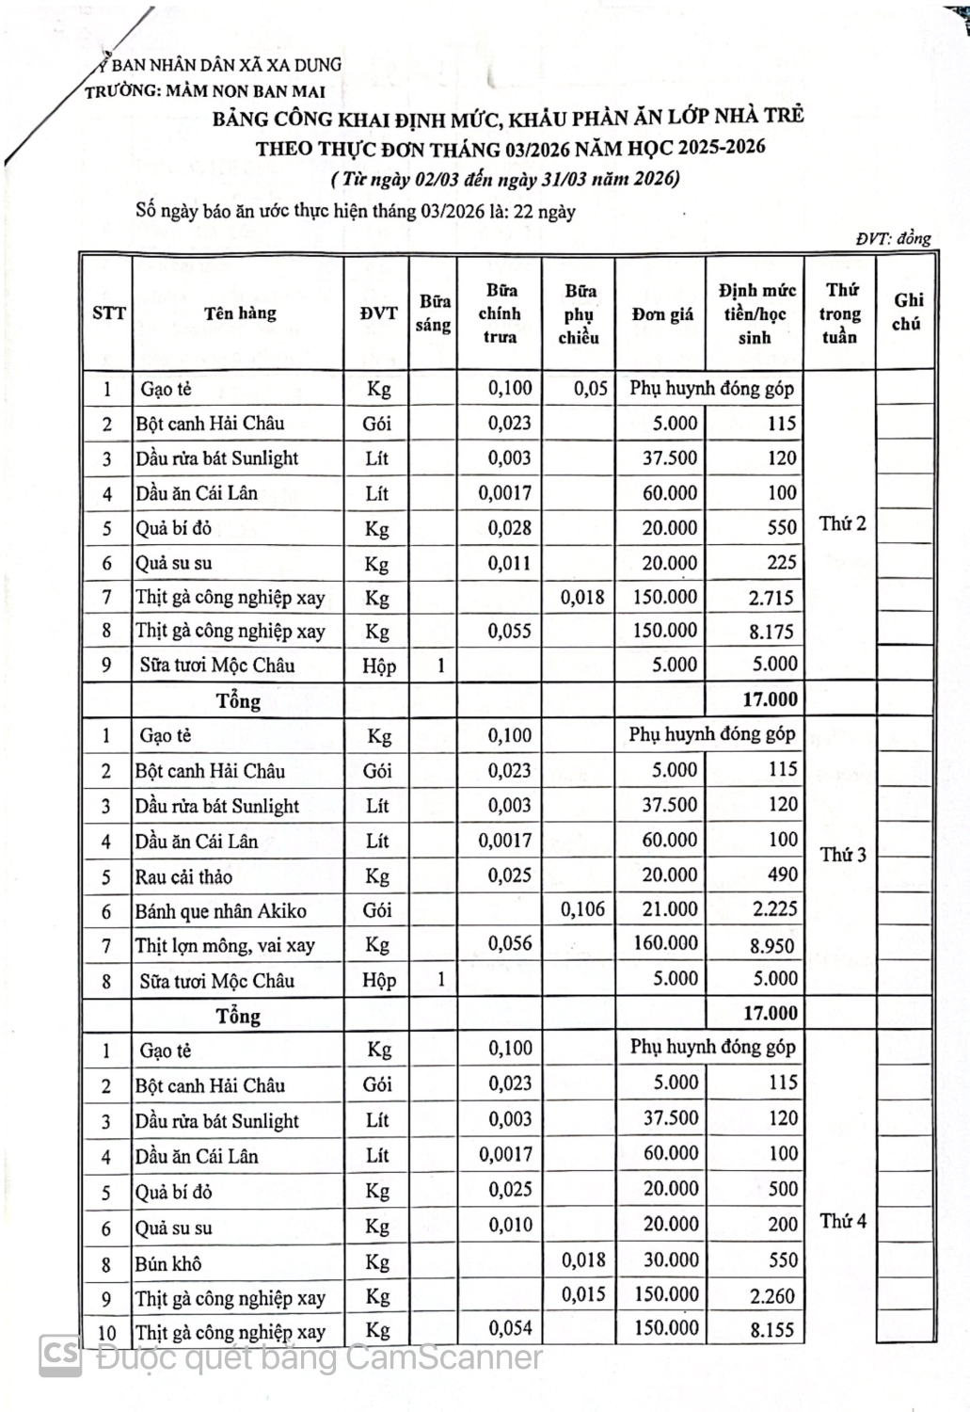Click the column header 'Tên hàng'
240,313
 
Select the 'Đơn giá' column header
662,314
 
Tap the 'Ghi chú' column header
908,312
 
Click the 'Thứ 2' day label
842,523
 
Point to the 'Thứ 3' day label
843,855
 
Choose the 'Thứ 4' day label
843,1221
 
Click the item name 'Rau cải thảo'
184,876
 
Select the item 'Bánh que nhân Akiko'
220,911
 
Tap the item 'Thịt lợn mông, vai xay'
225,945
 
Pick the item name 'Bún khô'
168,1263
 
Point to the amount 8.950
772,945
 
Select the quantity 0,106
582,909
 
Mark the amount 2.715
771,598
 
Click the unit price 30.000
671,1260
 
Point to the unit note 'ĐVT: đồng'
893,238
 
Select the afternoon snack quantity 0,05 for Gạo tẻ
591,388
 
